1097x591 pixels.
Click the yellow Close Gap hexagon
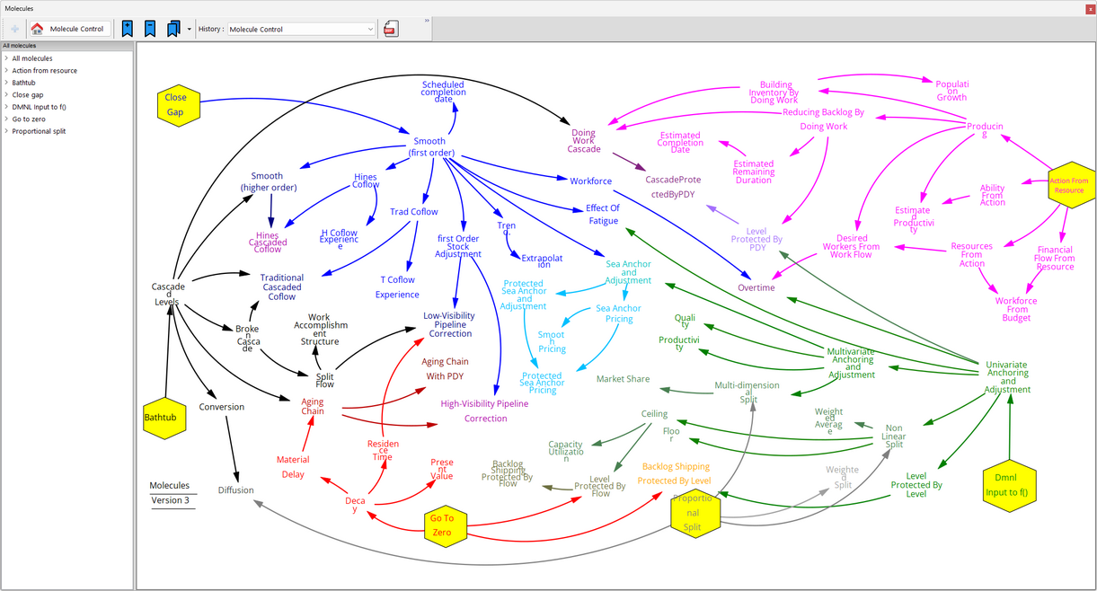click(176, 104)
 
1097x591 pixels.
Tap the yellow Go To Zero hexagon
click(442, 525)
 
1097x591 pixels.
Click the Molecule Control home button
click(70, 29)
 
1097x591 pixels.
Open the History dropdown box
click(301, 29)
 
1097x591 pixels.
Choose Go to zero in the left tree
click(29, 119)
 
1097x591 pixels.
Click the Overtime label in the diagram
click(756, 287)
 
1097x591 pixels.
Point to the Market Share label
click(623, 379)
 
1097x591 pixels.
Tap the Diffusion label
click(235, 490)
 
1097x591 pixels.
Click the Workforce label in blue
click(590, 181)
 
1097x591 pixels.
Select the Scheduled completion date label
click(443, 92)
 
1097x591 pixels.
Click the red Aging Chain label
click(313, 406)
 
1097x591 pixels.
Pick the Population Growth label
click(951, 90)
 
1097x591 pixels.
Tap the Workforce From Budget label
click(1016, 309)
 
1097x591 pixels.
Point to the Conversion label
click(221, 407)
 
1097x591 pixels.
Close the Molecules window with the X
click(1087, 8)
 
